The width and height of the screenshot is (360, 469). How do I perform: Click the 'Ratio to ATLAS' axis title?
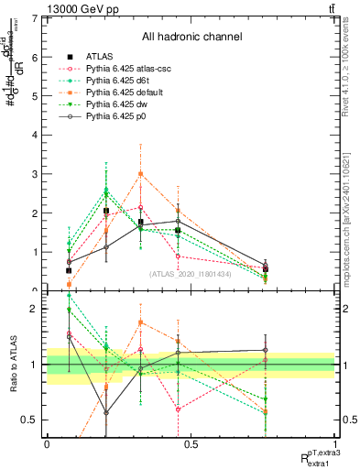coord(12,365)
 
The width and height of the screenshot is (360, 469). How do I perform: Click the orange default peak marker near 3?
coord(140,173)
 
